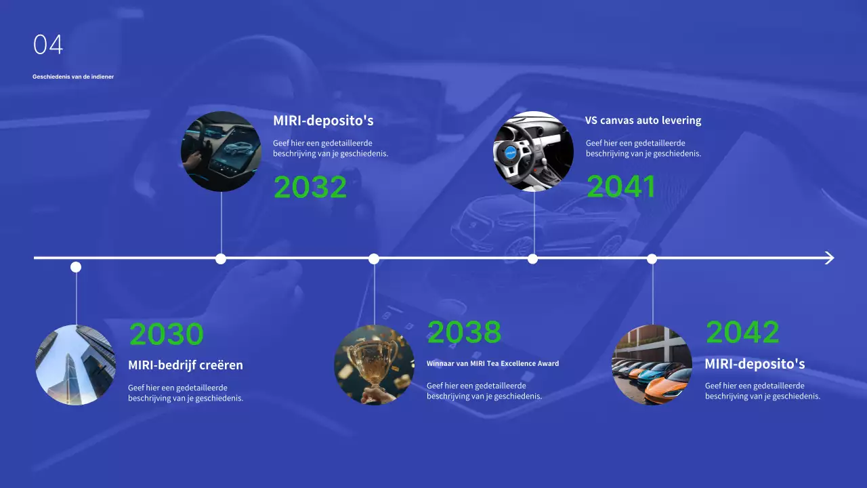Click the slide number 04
48,45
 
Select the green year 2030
166,334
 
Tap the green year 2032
310,188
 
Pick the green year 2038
464,332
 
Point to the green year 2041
621,187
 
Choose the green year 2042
742,332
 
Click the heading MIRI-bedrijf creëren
186,365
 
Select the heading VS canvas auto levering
643,121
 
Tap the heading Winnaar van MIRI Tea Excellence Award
492,364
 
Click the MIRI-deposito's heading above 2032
323,121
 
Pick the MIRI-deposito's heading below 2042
755,364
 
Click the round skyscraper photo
76,365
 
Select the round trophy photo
374,365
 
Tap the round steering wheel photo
533,152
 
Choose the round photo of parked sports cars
652,365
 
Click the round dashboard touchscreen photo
221,152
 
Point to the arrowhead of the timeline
830,258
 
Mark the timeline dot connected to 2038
374,259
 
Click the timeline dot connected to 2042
652,259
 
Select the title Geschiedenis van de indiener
73,77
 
